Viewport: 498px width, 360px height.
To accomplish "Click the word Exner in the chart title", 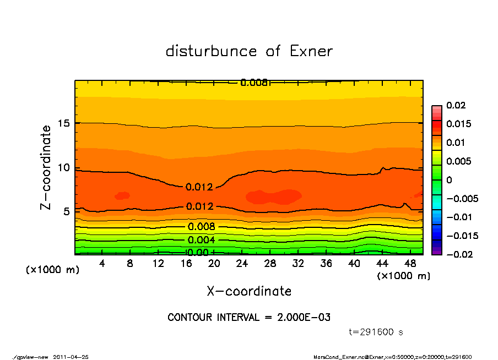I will click(x=311, y=52).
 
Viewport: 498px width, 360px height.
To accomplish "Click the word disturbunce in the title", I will click(x=211, y=52).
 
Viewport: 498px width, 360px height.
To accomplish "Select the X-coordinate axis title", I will click(x=249, y=291).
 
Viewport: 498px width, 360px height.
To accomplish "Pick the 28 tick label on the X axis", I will click(x=270, y=264).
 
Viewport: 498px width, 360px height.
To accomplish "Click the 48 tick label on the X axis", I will click(x=410, y=264).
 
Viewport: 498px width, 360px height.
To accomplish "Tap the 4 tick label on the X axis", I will click(x=102, y=264).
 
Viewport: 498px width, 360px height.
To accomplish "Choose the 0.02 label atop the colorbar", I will click(x=456, y=105).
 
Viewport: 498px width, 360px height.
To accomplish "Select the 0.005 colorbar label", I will click(x=458, y=161).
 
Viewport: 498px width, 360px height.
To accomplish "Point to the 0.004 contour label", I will click(x=201, y=240).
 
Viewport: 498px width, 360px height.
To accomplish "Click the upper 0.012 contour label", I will click(x=199, y=187).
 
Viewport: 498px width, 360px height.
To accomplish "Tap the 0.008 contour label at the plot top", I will click(x=254, y=83).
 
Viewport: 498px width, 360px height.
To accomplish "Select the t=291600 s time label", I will click(x=377, y=332).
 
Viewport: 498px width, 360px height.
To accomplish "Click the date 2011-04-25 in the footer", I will click(x=71, y=357).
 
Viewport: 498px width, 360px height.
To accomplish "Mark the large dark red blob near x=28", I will click(x=274, y=196).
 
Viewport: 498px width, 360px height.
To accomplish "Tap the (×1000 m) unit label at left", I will click(x=50, y=270).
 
